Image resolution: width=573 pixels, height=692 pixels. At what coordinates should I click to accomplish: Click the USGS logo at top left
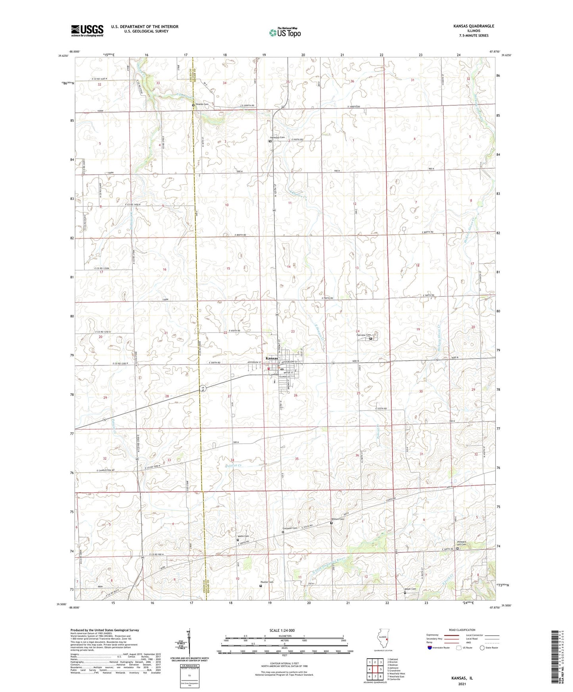click(x=87, y=31)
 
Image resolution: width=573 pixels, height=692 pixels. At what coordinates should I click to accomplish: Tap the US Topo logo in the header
click(x=284, y=32)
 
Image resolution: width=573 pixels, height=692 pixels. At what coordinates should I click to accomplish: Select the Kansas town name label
click(x=272, y=358)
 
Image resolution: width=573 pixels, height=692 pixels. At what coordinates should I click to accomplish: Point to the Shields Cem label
click(x=201, y=104)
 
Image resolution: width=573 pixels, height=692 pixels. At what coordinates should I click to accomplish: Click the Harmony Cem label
click(x=278, y=138)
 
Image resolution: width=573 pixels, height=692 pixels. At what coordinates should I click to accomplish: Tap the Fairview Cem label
click(x=363, y=335)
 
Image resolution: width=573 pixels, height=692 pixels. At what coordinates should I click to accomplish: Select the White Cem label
click(x=243, y=536)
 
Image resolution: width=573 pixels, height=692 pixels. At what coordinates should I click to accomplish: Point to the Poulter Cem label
click(x=267, y=582)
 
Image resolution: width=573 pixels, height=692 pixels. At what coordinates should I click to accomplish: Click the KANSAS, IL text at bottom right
click(x=462, y=678)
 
